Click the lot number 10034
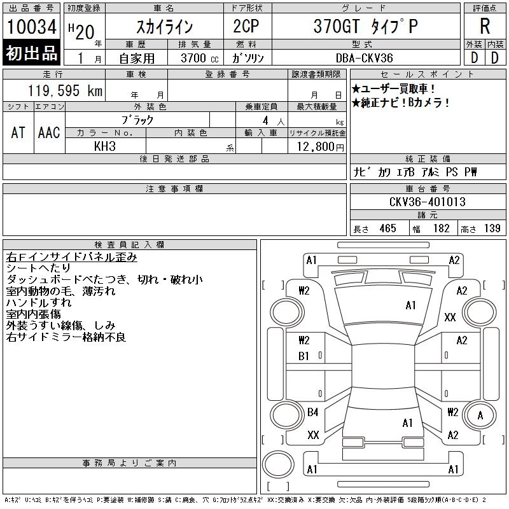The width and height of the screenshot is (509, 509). (31, 27)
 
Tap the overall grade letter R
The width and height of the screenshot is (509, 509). (485, 26)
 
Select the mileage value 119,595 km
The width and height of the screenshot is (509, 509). (65, 90)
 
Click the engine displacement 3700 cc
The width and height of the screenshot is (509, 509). (199, 58)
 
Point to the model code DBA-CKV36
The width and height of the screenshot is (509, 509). (364, 58)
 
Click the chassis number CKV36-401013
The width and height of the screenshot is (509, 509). (427, 202)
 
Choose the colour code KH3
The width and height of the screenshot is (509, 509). (105, 146)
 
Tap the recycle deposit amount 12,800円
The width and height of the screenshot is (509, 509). (320, 147)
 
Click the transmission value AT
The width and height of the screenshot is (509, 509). (18, 132)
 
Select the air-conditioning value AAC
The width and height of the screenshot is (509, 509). (49, 132)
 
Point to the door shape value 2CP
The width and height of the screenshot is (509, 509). (246, 26)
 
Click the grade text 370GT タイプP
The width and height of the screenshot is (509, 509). (365, 26)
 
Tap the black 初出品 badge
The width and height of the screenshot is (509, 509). (31, 53)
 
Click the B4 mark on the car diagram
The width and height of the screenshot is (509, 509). (313, 412)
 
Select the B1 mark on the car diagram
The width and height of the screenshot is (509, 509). (304, 356)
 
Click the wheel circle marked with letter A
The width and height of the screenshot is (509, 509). (480, 415)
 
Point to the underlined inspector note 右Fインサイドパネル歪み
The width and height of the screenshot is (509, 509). (71, 257)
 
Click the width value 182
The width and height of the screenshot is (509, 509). (441, 228)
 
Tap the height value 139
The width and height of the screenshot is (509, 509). (492, 228)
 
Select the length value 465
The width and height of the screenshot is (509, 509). (387, 228)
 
